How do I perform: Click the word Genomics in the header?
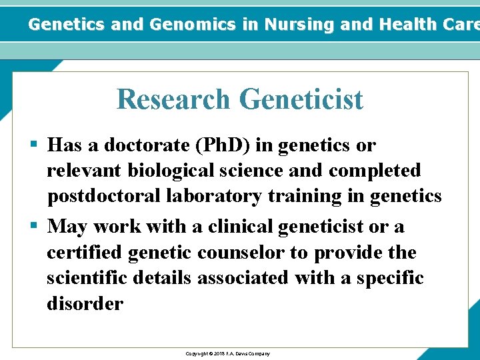[x=194, y=25]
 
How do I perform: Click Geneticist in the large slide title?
[x=301, y=99]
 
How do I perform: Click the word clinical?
[x=241, y=227]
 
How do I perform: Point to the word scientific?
[x=87, y=278]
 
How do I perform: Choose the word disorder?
[x=85, y=303]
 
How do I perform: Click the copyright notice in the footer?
[x=227, y=353]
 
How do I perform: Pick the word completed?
[x=375, y=171]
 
